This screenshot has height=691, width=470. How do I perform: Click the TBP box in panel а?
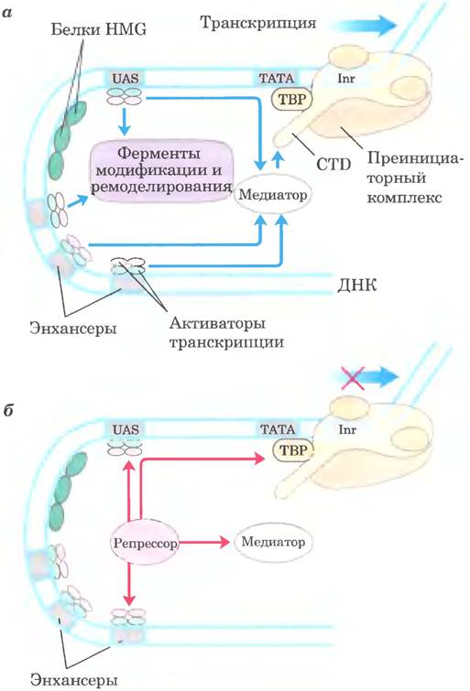292,99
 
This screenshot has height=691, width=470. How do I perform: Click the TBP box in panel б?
293,450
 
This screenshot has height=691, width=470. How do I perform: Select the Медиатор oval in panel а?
273,194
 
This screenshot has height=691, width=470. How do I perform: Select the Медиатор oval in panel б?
273,542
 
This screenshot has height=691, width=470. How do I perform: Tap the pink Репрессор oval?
145,543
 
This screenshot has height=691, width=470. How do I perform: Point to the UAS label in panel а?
125,79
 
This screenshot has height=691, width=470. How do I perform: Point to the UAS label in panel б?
126,429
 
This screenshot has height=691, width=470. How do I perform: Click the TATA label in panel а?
277,79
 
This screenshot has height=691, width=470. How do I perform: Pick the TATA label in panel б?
278,429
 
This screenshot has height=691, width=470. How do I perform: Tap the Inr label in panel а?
346,80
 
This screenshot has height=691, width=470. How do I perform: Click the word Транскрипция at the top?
258,23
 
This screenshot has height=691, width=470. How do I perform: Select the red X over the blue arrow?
352,378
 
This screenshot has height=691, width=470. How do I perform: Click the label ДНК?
357,286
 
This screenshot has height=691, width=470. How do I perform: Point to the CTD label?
333,164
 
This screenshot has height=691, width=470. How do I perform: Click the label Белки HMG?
98,29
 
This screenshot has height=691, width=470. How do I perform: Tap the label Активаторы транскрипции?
226,333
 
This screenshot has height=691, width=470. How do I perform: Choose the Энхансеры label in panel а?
73,329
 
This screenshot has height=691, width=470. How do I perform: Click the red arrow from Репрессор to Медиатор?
204,542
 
